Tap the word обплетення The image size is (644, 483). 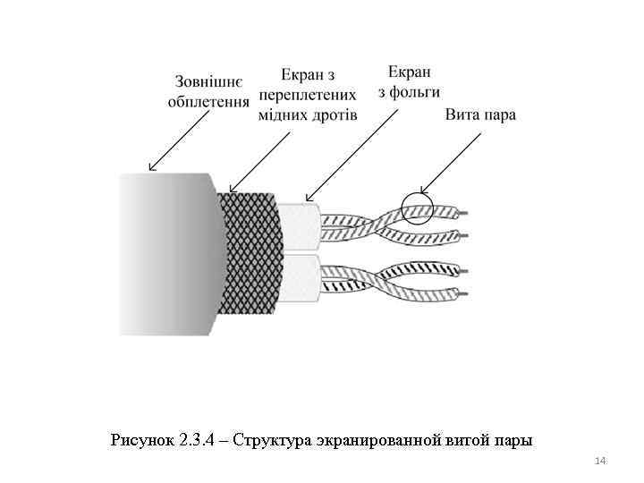(x=208, y=101)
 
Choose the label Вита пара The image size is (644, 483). (x=479, y=115)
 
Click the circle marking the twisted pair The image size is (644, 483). (x=417, y=208)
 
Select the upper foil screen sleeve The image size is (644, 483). (x=297, y=225)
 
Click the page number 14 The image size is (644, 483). (x=600, y=461)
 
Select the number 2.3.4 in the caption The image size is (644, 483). (x=196, y=439)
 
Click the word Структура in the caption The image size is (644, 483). (x=269, y=439)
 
